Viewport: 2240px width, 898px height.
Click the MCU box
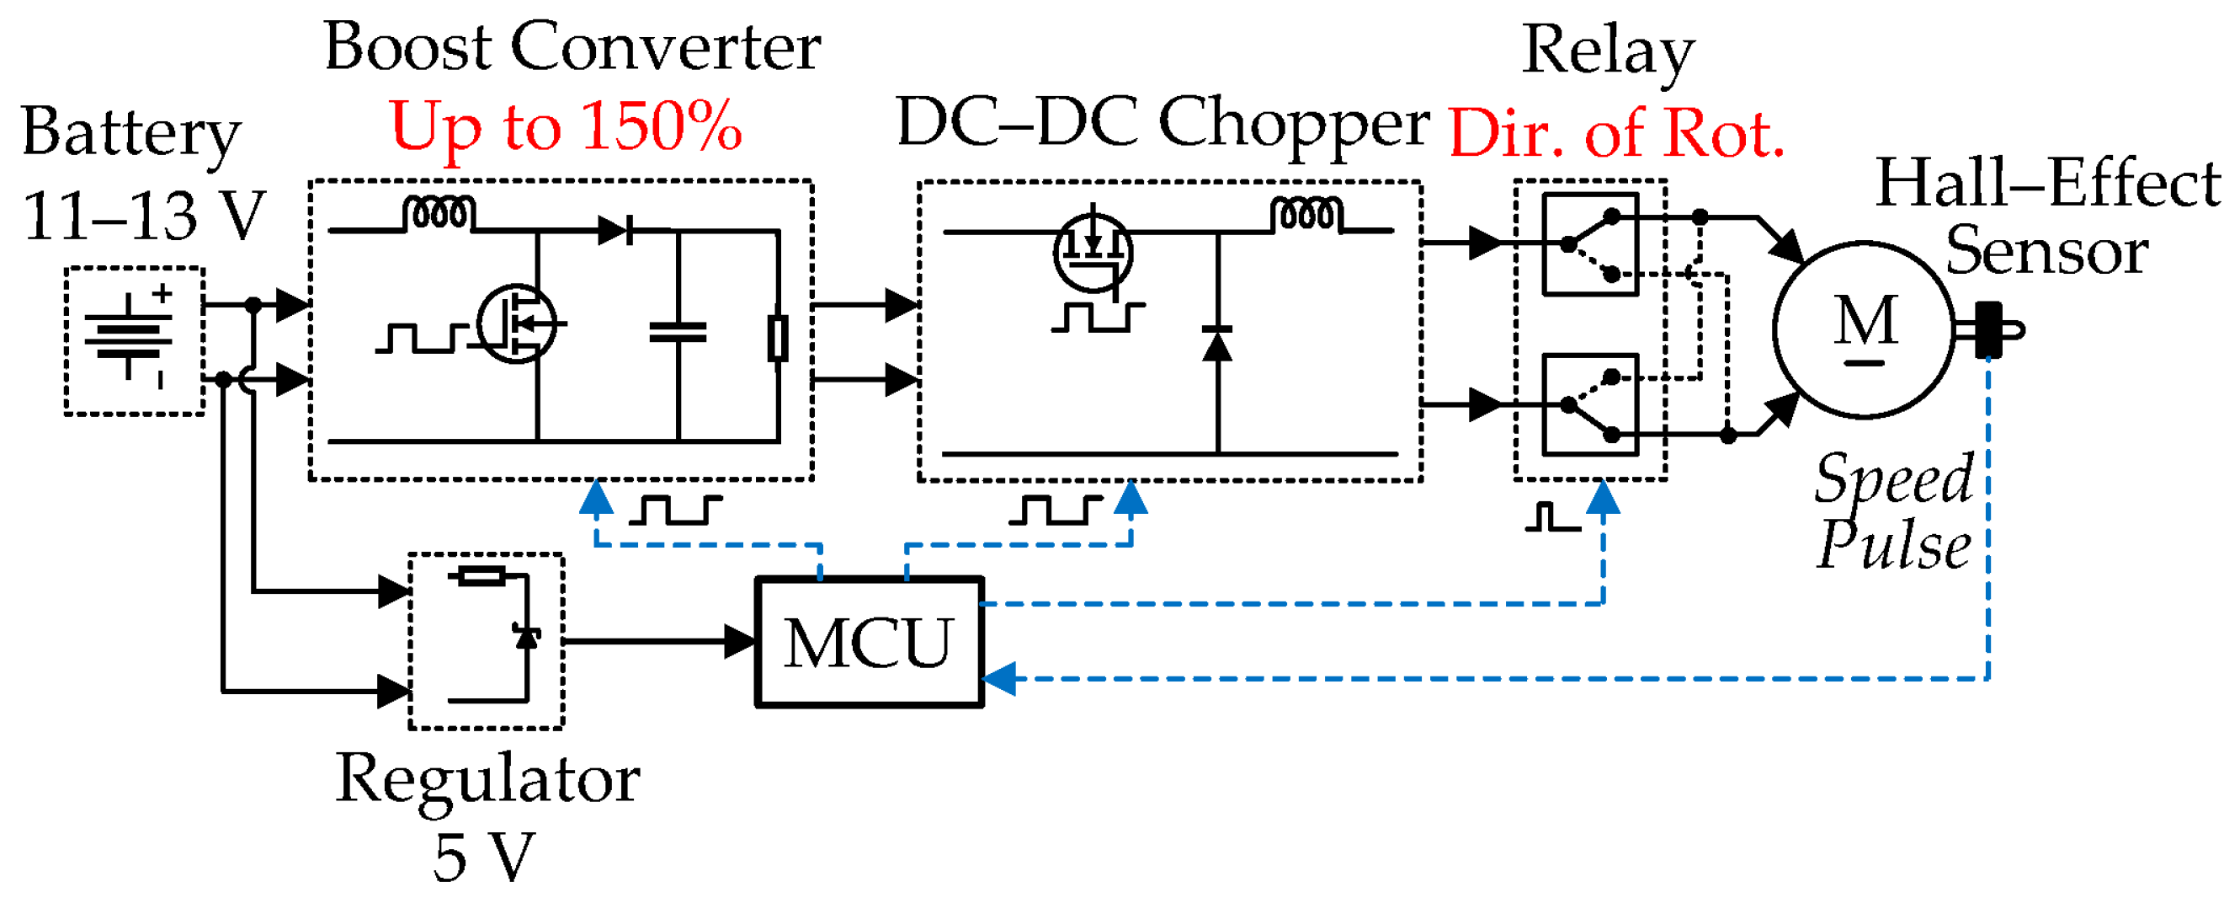point(869,642)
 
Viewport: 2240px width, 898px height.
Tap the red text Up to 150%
point(566,127)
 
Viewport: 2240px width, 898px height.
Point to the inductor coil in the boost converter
point(439,214)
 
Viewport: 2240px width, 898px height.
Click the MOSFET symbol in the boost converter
point(517,323)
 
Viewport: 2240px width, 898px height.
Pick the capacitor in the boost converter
point(678,332)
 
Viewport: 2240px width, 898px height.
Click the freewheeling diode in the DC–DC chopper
point(1216,343)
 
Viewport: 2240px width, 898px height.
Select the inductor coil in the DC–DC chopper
point(1306,215)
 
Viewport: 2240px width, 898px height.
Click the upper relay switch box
point(1589,244)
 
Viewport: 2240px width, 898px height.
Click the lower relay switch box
point(1589,404)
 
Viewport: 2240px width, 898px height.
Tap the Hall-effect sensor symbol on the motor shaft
point(1988,331)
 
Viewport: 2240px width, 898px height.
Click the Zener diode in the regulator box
point(526,635)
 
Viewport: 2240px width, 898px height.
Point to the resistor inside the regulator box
point(481,576)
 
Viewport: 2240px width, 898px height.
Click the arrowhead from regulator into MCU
point(740,642)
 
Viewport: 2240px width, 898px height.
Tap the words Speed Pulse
point(1894,512)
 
